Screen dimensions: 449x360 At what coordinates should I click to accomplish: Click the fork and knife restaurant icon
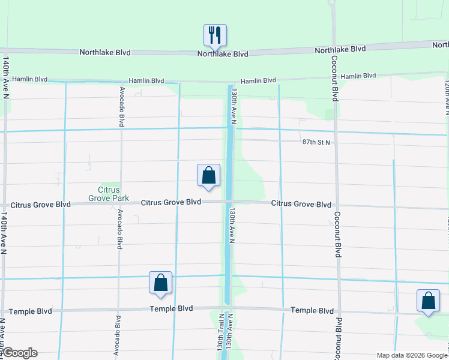(x=214, y=35)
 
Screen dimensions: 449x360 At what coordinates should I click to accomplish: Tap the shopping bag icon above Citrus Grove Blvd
(x=208, y=176)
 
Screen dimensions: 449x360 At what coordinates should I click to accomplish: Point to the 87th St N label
(x=316, y=142)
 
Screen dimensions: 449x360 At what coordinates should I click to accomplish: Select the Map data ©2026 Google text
(x=412, y=355)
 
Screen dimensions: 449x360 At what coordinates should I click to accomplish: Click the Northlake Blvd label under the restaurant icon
(x=223, y=54)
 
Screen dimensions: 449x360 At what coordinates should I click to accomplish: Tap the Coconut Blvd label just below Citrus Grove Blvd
(x=337, y=234)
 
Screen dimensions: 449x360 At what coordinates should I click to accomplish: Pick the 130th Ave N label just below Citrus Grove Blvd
(x=231, y=226)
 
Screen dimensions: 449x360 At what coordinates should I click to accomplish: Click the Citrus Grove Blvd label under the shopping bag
(x=171, y=203)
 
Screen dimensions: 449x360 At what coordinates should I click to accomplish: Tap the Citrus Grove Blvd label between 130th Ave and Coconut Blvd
(x=301, y=204)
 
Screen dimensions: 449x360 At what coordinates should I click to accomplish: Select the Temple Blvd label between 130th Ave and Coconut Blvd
(x=312, y=311)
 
